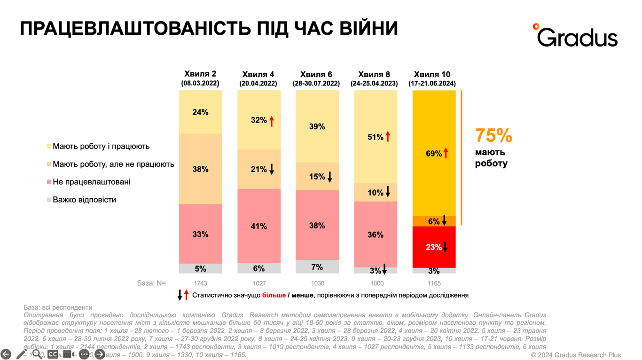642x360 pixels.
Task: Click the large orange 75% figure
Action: point(493,136)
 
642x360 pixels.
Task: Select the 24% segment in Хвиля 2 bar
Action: point(200,112)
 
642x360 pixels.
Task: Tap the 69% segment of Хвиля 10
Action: point(433,154)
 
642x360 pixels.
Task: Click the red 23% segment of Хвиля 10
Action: point(433,247)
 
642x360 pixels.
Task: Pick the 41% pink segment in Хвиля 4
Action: point(258,226)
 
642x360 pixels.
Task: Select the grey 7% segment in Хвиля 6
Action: point(317,267)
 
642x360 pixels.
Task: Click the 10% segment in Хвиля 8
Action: point(375,192)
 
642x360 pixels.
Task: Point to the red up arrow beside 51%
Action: point(388,137)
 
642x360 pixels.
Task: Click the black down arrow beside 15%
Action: point(330,177)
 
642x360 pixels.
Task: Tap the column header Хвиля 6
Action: point(316,74)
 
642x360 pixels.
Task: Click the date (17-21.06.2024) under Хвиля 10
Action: point(432,84)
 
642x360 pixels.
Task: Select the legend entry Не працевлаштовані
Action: point(91,182)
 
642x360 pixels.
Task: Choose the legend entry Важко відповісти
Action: point(84,200)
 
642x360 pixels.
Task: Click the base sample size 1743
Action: point(200,283)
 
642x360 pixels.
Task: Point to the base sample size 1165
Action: point(434,283)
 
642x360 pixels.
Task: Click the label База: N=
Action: point(151,283)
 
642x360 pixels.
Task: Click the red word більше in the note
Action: point(274,296)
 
